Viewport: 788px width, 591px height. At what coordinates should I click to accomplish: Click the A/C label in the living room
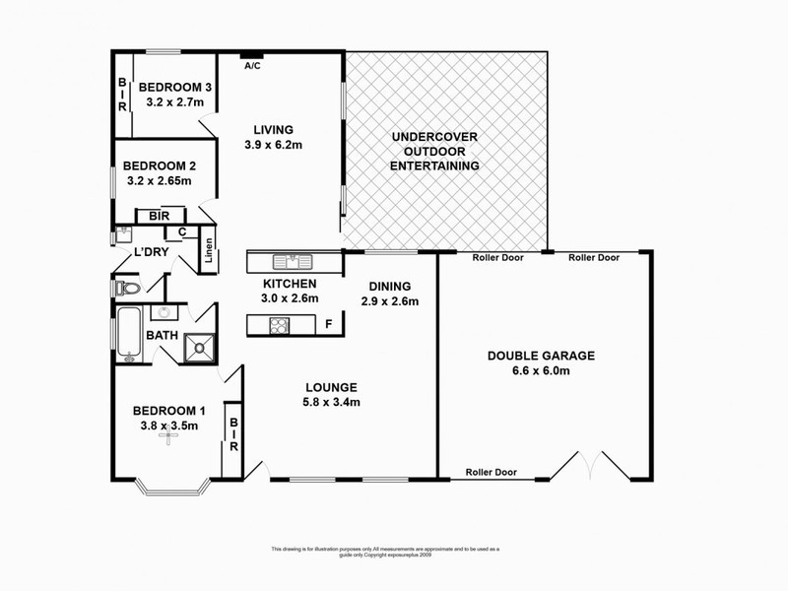252,66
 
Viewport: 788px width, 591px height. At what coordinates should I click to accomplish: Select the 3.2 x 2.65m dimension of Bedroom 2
159,180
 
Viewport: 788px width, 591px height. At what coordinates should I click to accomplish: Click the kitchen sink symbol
293,261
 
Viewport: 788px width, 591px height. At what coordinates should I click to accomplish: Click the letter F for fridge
327,323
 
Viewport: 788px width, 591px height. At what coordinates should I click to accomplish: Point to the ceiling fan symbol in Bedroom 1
168,441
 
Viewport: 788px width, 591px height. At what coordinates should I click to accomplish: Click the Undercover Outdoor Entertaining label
434,152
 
